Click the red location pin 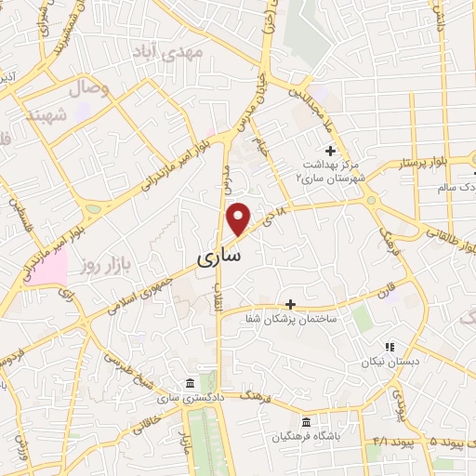[239, 218]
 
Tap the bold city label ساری [219, 253]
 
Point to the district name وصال [89, 90]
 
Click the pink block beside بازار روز [52, 270]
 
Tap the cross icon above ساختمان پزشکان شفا [290, 303]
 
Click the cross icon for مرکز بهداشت [329, 150]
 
